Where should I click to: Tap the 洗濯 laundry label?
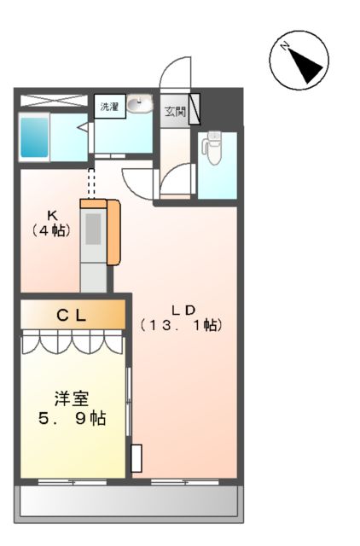click(x=110, y=107)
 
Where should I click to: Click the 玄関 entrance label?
click(x=174, y=111)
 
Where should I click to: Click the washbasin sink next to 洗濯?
click(x=140, y=106)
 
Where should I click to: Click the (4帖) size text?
click(x=51, y=229)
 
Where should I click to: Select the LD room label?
click(x=181, y=310)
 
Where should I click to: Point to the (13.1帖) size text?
click(x=181, y=325)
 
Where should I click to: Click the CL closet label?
click(x=71, y=315)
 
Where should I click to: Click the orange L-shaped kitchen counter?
click(x=113, y=230)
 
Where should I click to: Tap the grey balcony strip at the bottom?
click(x=126, y=502)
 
